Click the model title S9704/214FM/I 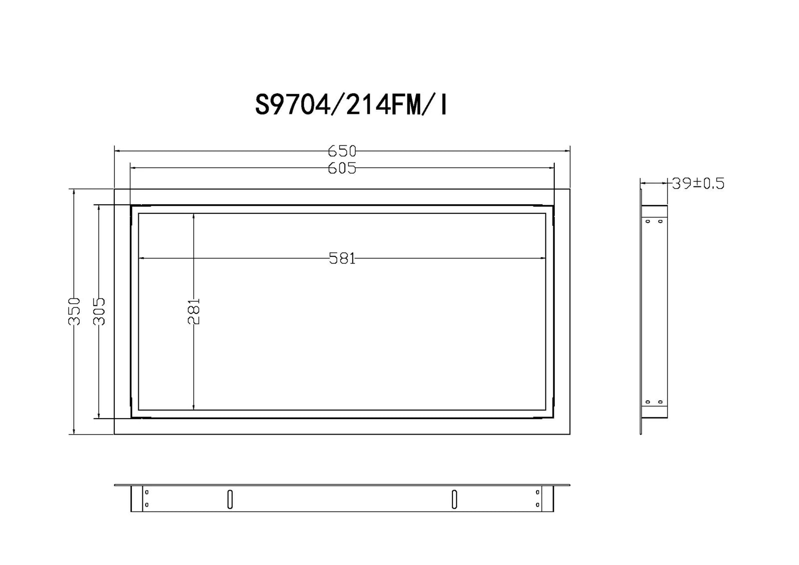[x=351, y=105]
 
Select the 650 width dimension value [x=342, y=151]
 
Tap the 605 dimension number [x=342, y=168]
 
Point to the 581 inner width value [x=342, y=258]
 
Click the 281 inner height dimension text [x=194, y=311]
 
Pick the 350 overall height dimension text [x=74, y=311]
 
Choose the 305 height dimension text [x=99, y=311]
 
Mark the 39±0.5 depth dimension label [x=698, y=184]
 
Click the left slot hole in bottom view [x=230, y=499]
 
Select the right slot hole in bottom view [x=454, y=499]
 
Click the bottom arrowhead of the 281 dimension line [x=194, y=407]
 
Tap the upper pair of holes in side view [x=654, y=221]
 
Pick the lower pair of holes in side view [x=654, y=402]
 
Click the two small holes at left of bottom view [x=146, y=499]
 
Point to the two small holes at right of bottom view [x=537, y=499]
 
